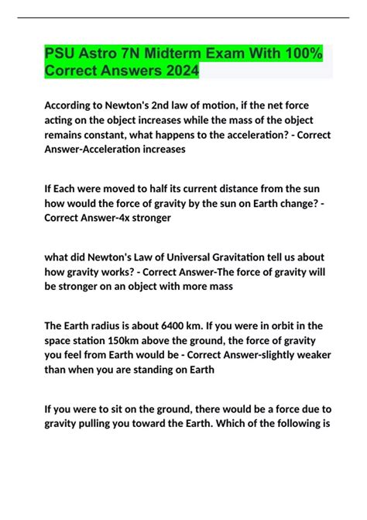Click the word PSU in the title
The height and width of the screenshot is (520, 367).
(60, 55)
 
